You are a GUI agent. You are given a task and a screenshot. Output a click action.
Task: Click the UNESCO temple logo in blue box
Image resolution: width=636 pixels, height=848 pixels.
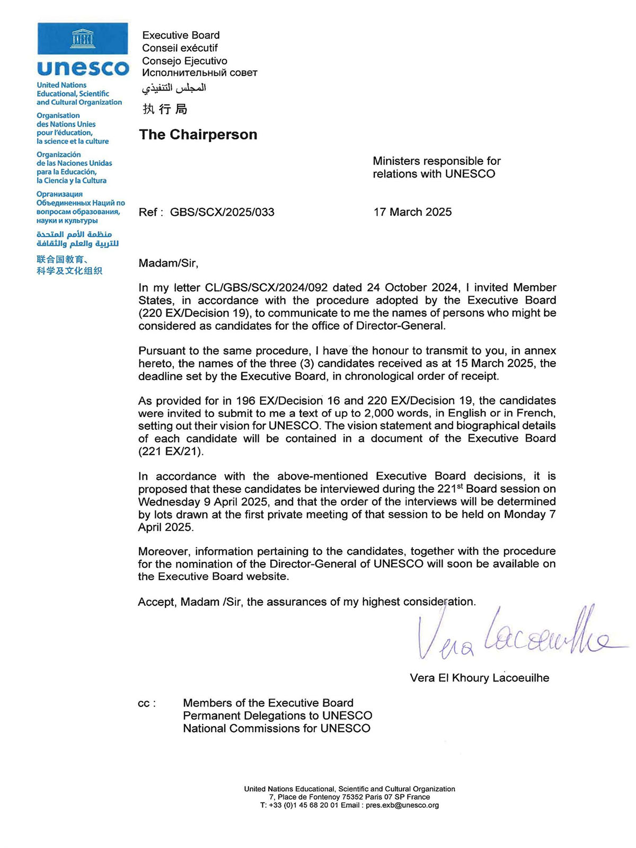tap(83, 38)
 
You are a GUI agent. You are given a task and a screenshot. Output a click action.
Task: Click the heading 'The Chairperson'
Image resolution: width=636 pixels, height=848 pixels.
tap(198, 135)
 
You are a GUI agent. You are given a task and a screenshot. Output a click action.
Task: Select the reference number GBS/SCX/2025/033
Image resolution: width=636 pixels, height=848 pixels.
tap(222, 213)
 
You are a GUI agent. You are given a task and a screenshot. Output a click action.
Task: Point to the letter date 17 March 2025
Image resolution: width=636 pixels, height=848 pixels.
tap(412, 212)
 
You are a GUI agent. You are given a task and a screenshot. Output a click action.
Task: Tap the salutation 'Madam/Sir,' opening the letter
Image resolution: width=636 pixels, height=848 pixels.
tap(168, 263)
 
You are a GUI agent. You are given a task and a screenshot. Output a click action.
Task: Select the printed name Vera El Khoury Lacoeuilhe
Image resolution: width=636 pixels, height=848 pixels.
tap(479, 678)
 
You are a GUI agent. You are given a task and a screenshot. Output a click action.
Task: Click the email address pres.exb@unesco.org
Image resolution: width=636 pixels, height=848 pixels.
tap(402, 805)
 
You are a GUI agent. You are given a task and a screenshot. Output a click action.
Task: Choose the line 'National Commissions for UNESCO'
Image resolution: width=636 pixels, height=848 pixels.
tap(276, 729)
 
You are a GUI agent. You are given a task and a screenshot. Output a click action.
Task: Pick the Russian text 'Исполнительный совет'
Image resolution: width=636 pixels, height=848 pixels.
tap(199, 73)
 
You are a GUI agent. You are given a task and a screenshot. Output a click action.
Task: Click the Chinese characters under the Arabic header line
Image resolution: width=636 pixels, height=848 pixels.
tap(165, 109)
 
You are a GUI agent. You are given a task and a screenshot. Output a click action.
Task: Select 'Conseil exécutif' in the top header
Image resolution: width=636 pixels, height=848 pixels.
tap(180, 48)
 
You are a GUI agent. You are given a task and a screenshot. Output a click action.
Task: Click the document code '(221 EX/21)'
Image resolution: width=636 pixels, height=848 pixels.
tap(171, 452)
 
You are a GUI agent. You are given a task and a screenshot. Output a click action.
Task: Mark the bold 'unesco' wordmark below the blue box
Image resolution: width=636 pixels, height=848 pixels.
tap(83, 68)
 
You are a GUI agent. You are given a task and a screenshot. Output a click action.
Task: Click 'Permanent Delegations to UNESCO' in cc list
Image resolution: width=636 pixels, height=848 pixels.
tap(277, 716)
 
